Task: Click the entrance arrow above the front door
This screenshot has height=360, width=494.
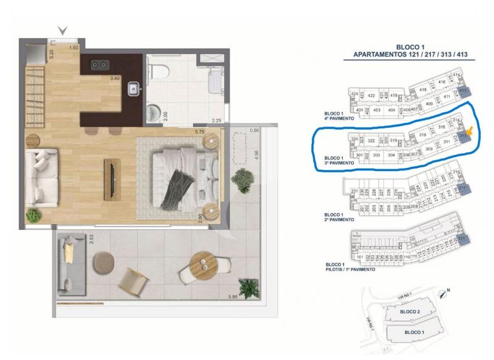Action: (62, 30)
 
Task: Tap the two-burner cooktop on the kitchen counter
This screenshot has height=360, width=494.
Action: (99, 64)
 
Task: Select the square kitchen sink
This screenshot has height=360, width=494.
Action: (133, 89)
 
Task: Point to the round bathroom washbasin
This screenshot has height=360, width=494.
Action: (154, 112)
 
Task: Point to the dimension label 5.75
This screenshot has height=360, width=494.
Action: (199, 132)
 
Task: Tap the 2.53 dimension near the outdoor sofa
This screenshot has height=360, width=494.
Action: (91, 238)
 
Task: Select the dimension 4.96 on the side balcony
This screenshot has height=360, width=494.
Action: (256, 154)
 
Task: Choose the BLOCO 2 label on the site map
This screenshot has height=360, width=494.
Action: (409, 312)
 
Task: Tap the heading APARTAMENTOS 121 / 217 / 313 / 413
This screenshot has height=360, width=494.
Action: (410, 54)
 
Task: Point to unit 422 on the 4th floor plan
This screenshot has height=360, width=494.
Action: (372, 96)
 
